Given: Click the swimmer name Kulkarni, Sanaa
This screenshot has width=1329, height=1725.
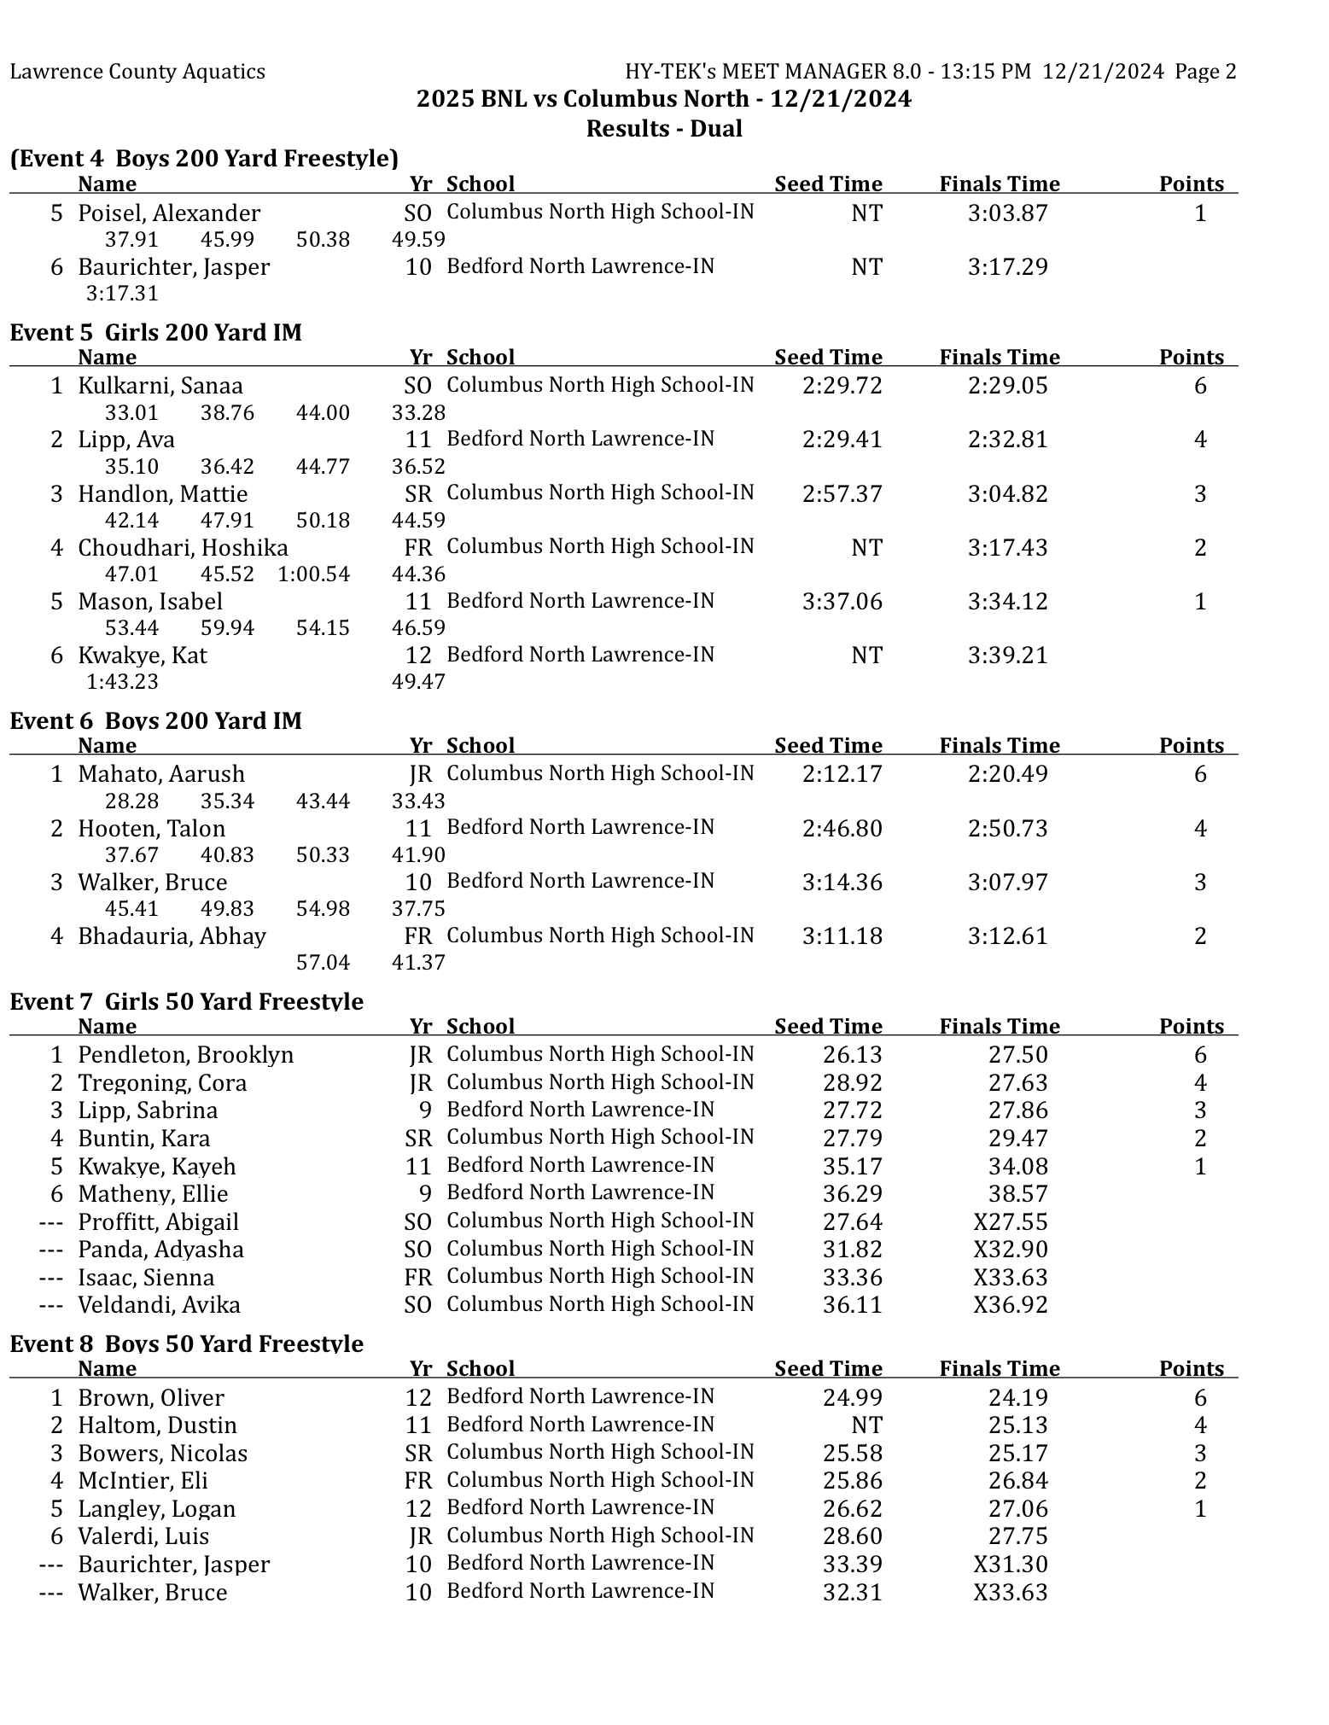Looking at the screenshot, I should (160, 386).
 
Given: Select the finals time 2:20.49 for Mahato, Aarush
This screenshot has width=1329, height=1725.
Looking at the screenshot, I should (1007, 774).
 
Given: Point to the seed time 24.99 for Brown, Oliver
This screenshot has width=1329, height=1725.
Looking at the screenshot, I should (852, 1398).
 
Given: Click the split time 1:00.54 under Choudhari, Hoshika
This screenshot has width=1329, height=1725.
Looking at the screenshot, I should (313, 574).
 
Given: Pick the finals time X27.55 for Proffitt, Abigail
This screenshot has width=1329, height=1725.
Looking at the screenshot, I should (1010, 1222).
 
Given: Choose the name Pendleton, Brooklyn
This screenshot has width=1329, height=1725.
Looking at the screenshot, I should (185, 1055).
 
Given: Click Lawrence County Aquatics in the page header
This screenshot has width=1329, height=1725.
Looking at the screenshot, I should (137, 72).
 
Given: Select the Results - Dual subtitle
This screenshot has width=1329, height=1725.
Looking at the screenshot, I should (664, 129).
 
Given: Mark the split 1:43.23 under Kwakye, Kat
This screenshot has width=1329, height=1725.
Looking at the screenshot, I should (122, 682).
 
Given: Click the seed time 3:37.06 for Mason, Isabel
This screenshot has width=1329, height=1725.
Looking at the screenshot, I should (842, 602).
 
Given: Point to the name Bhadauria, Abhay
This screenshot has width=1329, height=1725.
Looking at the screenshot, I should (172, 936).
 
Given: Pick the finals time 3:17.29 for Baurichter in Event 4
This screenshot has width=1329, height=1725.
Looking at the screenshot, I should (1007, 267).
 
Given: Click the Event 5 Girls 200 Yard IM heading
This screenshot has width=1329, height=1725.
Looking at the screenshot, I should (155, 332).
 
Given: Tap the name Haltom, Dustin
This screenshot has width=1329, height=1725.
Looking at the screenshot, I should (157, 1425).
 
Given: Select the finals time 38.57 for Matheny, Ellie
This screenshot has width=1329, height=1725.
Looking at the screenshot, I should (1017, 1194).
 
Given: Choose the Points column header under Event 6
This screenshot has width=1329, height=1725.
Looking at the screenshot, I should (1191, 745).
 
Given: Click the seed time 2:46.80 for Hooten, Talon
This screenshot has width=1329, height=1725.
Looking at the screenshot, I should (842, 829).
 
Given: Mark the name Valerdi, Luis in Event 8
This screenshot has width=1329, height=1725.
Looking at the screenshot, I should (143, 1536).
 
